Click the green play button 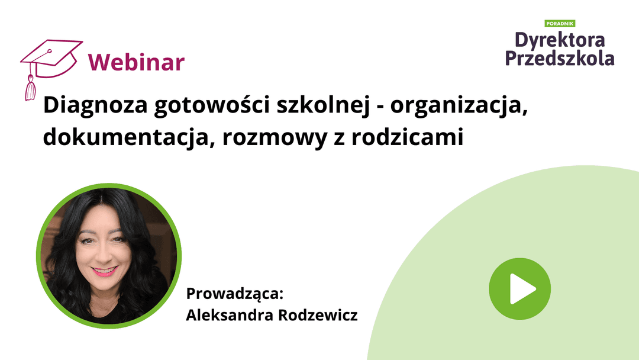click(519, 289)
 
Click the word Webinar click(136, 62)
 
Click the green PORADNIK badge click(560, 23)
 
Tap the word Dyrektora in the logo click(560, 40)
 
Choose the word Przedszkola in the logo click(560, 58)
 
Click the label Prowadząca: click(236, 294)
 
